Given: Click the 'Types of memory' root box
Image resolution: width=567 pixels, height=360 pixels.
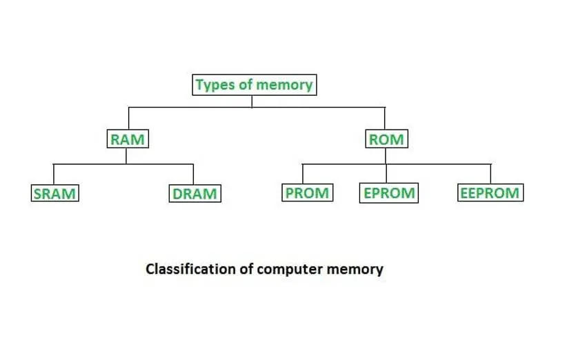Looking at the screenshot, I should (253, 85).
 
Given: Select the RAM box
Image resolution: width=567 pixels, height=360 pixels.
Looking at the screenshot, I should (128, 139).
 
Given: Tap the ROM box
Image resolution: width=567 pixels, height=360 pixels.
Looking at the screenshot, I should (386, 139).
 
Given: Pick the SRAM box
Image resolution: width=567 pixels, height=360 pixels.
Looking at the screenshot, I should (54, 194).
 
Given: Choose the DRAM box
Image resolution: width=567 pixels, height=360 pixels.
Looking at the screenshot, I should (195, 194).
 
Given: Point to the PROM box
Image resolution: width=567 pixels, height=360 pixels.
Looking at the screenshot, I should (307, 193).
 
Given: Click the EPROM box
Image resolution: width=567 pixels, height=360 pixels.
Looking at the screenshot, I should (389, 193).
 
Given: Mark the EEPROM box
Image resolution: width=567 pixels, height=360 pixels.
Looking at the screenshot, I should (490, 193).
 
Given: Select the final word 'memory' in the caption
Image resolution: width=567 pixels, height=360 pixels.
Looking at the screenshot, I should (356, 269).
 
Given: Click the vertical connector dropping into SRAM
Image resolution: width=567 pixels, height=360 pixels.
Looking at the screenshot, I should (54, 174).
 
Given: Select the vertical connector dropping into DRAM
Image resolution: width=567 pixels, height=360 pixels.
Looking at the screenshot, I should (193, 174).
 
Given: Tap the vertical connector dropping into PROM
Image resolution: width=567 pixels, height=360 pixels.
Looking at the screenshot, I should (302, 174).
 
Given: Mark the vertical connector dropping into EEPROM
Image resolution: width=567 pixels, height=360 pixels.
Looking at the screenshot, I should (490, 174).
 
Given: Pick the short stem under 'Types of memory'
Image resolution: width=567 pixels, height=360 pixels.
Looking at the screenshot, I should (252, 101).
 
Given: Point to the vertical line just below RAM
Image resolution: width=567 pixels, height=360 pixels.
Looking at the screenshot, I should (126, 156).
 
